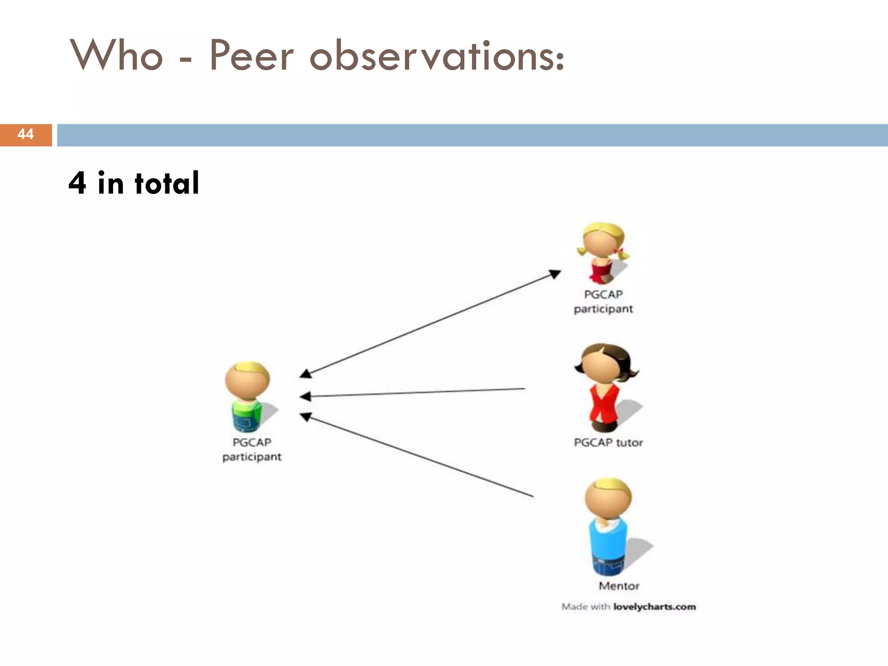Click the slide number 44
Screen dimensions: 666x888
(x=26, y=134)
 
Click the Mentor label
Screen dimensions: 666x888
(x=619, y=586)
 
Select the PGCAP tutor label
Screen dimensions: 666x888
(x=608, y=443)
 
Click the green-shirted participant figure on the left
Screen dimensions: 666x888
(x=248, y=397)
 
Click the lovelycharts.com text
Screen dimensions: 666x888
(x=654, y=607)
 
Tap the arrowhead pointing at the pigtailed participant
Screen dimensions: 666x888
(x=555, y=274)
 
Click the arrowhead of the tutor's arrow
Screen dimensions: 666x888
(x=305, y=396)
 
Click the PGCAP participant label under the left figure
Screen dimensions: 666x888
(x=252, y=449)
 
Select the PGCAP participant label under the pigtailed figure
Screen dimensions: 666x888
(x=603, y=301)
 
